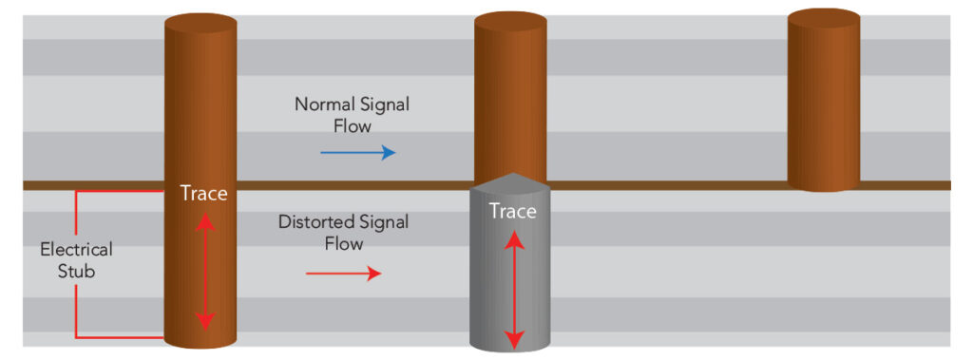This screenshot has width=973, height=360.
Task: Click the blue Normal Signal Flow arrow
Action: pos(358,152)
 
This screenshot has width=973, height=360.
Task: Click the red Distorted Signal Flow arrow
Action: pos(344,274)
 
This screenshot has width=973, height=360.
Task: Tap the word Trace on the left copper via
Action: pos(204,194)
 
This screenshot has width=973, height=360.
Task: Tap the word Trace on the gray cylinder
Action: pos(512,212)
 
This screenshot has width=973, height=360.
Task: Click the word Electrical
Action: pos(76,250)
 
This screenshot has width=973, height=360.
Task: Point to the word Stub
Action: pos(76,272)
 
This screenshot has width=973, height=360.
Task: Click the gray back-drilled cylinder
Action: pos(510,263)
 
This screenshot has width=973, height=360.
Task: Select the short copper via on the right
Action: pos(824,100)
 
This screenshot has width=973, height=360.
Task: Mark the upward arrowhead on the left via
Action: pos(205,222)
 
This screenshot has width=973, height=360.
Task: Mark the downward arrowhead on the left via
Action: pos(205,320)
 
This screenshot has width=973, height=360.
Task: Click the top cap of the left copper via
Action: pos(200,24)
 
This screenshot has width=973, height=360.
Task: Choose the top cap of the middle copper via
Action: pos(510,23)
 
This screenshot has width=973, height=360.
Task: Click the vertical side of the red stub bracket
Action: pos(76,264)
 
